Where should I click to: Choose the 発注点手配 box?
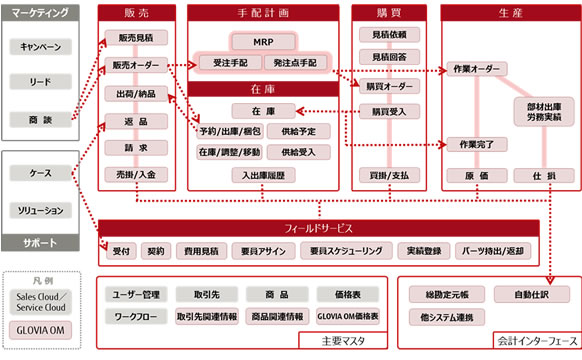pos(294,62)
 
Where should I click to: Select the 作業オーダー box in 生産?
pos(476,70)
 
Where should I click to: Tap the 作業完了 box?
pos(476,145)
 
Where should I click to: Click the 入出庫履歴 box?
pos(261,175)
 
